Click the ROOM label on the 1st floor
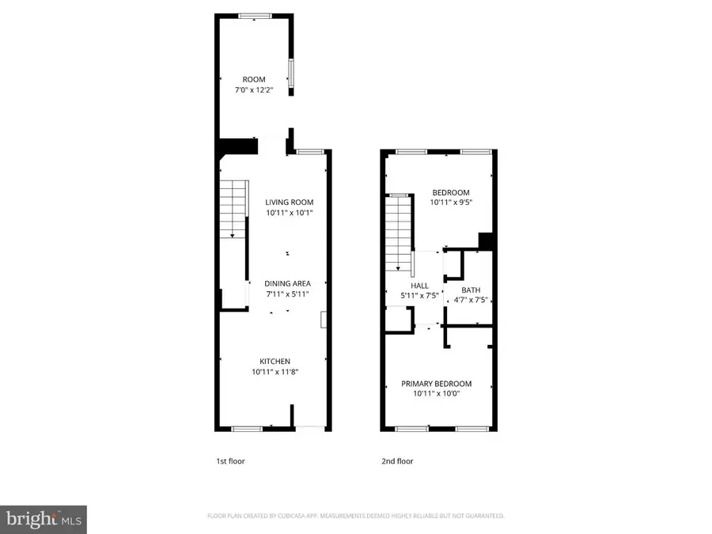coord(254,79)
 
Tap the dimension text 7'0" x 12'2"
coord(254,90)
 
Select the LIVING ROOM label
coord(289,203)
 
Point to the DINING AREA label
coord(288,283)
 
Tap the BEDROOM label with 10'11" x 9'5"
coord(450,193)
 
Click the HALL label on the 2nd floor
coord(419,286)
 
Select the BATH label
coord(471,290)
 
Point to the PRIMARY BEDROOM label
coord(436,384)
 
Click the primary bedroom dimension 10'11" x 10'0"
coord(436,394)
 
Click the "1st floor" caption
coord(230,461)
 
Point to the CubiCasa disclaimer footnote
coord(355,516)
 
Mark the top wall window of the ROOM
coord(254,13)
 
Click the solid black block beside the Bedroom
coord(487,241)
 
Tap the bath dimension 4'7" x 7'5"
coord(471,301)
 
